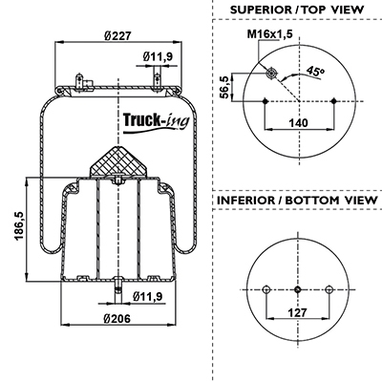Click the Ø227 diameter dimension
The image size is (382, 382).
click(117, 36)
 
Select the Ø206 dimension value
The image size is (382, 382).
click(117, 318)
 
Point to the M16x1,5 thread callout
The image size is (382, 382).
click(270, 33)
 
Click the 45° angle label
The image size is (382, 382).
click(315, 71)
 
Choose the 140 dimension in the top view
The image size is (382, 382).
click(298, 122)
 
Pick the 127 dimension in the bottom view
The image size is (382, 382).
click(298, 312)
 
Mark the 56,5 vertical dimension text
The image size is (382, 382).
click(225, 87)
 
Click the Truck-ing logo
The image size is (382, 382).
click(156, 122)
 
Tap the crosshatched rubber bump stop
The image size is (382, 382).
click(118, 161)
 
